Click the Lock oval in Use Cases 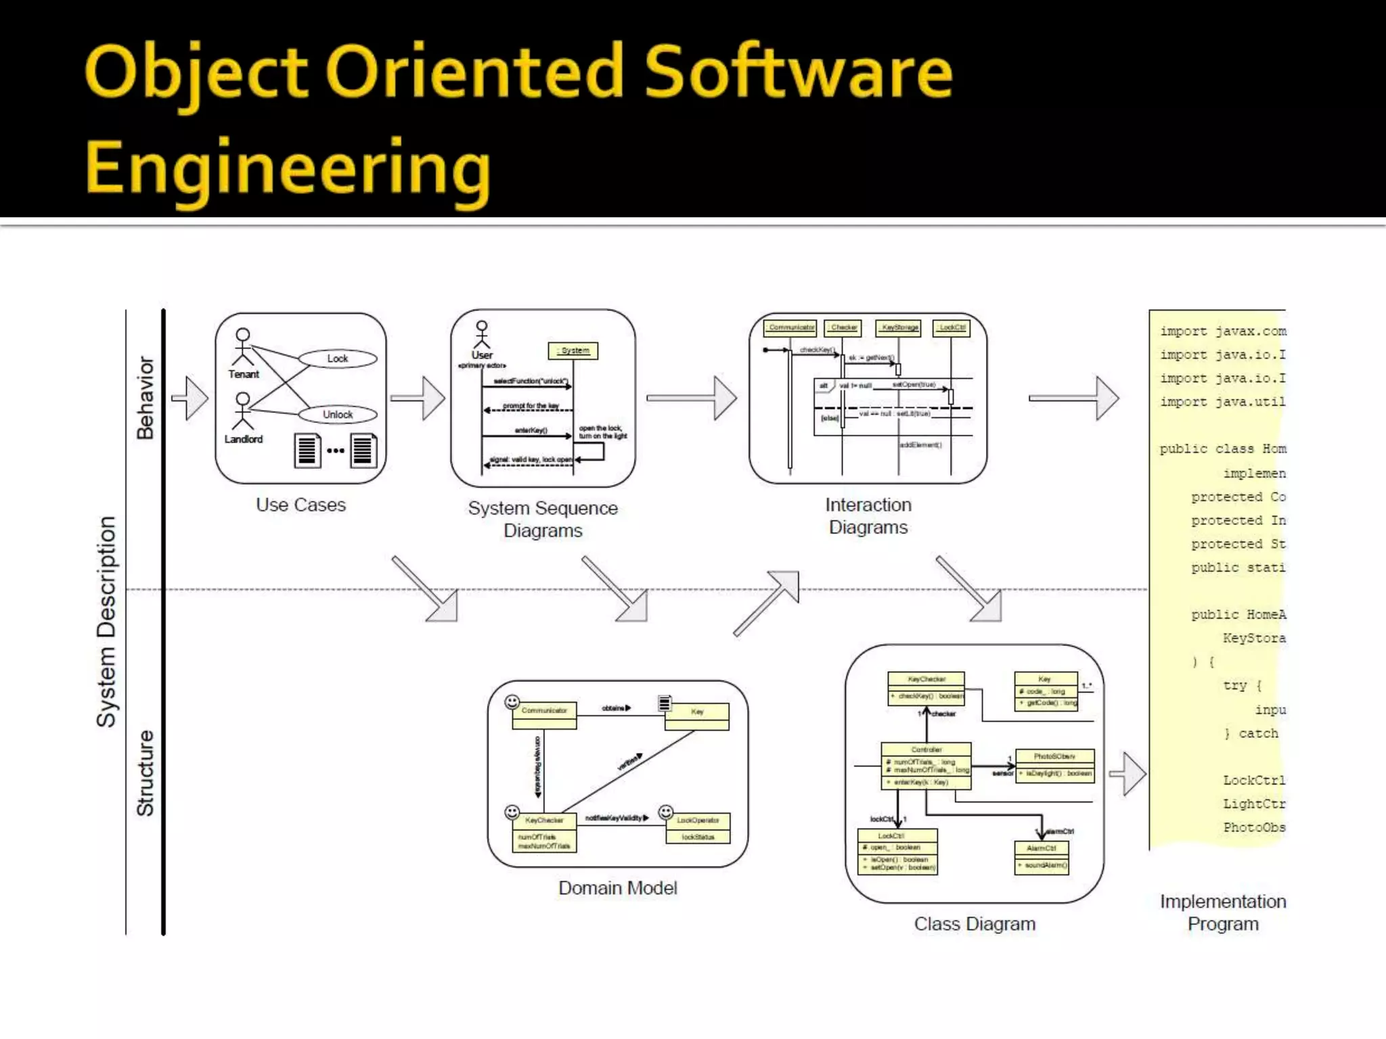click(x=338, y=359)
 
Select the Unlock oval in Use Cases click(x=338, y=414)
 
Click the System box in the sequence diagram click(x=573, y=350)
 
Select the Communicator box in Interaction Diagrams click(x=790, y=328)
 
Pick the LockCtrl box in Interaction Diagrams click(x=952, y=328)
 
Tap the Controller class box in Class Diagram click(x=926, y=766)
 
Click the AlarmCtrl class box click(x=1042, y=857)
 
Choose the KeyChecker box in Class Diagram click(x=926, y=687)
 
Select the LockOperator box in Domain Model click(x=698, y=828)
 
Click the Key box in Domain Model click(x=697, y=716)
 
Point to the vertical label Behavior click(x=146, y=398)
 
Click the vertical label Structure click(x=146, y=773)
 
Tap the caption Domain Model click(x=617, y=888)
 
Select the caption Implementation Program click(x=1223, y=913)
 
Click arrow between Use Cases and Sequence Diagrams click(x=418, y=398)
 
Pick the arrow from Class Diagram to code click(x=1128, y=773)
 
